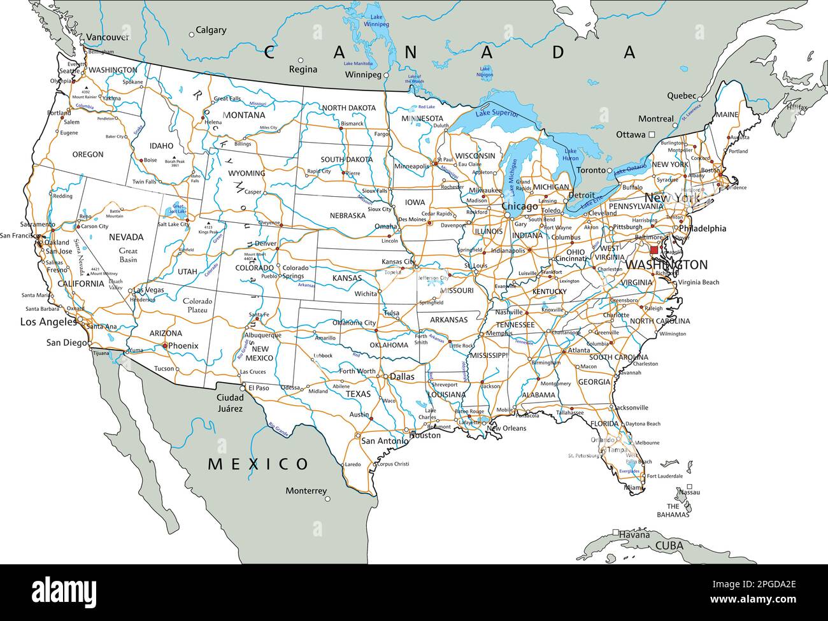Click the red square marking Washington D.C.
654,250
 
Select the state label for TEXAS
357,394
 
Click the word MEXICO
258,464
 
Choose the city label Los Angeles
48,322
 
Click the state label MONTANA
245,115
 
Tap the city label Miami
634,488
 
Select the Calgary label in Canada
211,30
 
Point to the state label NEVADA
126,237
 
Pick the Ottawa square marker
652,134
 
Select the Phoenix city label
183,346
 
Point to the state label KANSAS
346,278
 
